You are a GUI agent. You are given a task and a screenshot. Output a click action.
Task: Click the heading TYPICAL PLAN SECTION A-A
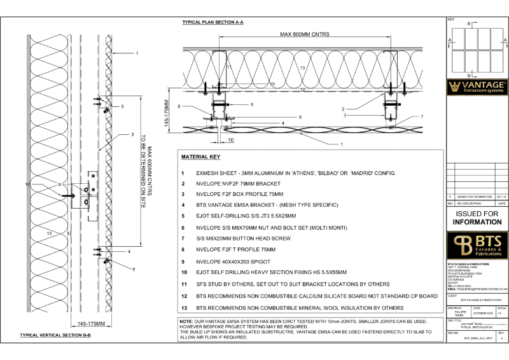213,22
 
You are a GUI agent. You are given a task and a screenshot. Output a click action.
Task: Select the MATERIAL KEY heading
202,156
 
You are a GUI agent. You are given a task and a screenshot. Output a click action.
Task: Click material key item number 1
183,173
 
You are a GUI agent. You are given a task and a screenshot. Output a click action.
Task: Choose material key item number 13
184,307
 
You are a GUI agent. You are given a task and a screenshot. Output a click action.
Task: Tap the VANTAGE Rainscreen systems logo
477,87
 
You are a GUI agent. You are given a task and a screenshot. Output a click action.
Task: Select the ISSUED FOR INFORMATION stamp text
477,218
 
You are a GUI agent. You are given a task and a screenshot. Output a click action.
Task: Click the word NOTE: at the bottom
188,321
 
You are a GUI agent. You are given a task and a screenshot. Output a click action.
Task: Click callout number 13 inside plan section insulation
303,67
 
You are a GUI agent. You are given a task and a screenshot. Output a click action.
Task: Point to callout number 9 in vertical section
59,185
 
